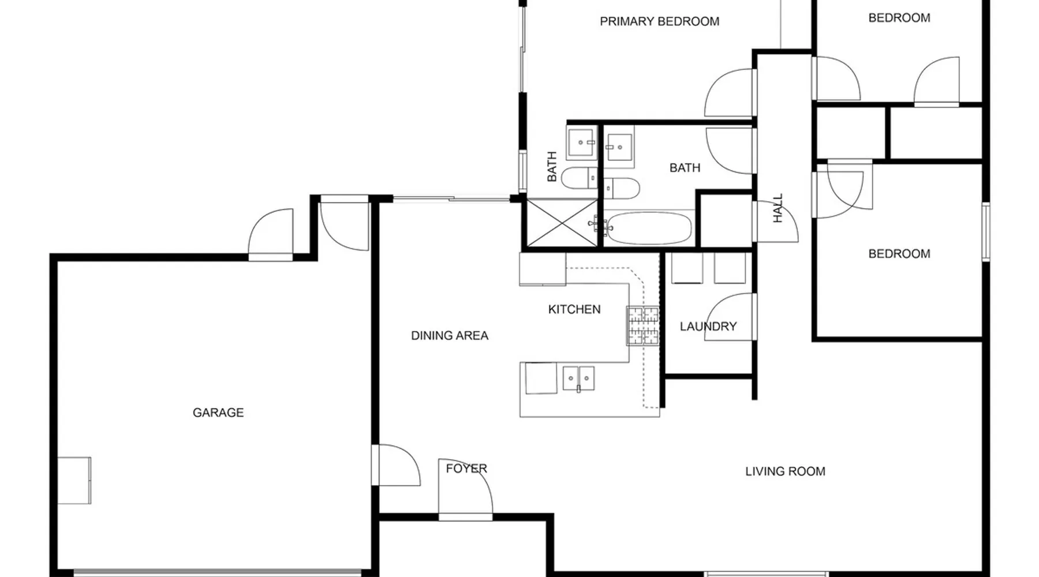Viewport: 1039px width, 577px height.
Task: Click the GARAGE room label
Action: (218, 413)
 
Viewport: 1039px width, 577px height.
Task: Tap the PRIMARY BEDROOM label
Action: (659, 21)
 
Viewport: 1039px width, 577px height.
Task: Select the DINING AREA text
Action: (450, 335)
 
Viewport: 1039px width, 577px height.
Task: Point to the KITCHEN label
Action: (574, 309)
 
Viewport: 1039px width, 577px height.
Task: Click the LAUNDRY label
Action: (708, 327)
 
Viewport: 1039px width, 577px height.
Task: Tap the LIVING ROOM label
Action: (785, 471)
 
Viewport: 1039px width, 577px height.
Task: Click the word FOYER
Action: (466, 469)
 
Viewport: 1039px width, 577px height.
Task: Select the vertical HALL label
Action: (778, 208)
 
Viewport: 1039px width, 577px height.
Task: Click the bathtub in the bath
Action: (649, 228)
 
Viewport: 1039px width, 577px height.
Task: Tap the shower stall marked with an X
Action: (562, 223)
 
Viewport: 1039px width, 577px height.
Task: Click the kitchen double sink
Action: (578, 379)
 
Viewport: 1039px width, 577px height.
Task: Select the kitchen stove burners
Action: (642, 326)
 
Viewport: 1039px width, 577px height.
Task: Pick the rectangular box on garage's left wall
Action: (74, 480)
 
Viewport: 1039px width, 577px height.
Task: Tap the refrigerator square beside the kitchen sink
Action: (540, 378)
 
